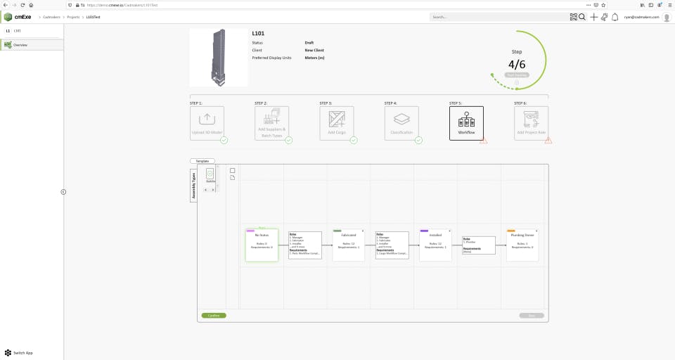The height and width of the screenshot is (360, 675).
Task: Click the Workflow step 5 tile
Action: [466, 123]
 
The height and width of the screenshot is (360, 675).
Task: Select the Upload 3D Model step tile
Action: [207, 123]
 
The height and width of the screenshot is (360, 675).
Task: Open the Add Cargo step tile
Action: [336, 123]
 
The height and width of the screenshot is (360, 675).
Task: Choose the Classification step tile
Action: [401, 123]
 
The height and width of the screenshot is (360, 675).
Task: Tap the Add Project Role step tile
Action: [531, 123]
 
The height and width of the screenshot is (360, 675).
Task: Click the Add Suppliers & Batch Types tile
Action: [271, 123]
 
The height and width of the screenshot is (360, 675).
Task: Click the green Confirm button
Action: [214, 315]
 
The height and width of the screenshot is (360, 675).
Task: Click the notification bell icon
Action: [615, 17]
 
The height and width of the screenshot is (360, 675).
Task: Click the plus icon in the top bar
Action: [593, 17]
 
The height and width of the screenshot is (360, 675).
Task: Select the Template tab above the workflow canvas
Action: [202, 161]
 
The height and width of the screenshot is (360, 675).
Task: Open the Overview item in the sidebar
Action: [20, 45]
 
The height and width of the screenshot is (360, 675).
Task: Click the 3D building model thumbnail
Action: [219, 58]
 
